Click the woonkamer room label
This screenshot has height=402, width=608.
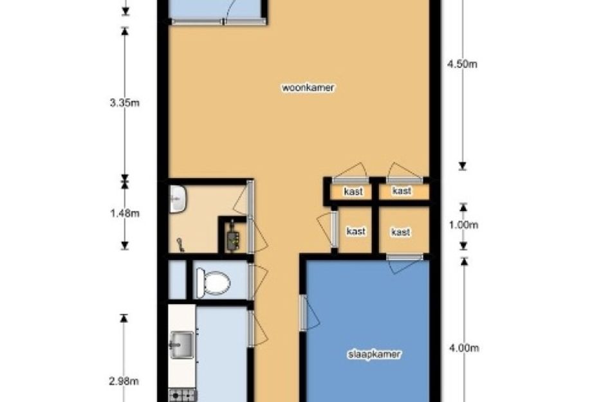308,87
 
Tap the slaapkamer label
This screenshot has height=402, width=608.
374,354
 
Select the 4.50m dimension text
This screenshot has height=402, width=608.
462,64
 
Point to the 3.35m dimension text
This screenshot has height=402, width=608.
124,103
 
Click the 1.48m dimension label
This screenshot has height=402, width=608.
124,213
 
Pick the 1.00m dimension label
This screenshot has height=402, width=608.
463,225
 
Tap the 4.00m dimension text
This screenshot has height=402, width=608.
464,348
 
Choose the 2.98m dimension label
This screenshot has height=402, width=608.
124,381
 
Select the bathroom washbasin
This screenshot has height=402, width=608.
178,199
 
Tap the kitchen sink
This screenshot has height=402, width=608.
182,345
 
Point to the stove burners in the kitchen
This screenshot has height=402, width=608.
182,396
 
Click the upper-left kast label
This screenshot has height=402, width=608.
353,192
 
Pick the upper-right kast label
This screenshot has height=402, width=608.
401,191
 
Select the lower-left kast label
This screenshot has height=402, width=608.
356,232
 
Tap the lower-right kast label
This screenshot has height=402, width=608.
401,232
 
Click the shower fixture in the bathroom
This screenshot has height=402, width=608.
180,244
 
